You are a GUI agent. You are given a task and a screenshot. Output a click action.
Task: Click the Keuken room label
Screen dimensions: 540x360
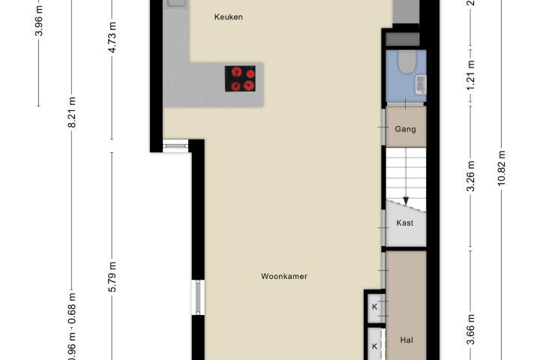(228, 17)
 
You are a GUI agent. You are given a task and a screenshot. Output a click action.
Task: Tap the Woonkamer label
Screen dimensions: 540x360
(284, 276)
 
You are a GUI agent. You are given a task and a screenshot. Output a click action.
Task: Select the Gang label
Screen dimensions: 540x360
(405, 129)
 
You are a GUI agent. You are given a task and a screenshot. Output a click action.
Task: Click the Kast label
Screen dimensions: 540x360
(405, 223)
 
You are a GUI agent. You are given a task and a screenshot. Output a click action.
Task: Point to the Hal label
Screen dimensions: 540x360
(406, 340)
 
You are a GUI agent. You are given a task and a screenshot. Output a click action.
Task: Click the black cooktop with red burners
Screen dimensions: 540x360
(241, 79)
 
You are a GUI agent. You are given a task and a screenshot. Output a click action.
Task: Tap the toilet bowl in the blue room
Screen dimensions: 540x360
(406, 62)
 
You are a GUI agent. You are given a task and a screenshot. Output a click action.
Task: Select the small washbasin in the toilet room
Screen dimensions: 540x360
(421, 85)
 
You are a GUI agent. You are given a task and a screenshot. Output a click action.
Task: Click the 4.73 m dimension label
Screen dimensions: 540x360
(112, 37)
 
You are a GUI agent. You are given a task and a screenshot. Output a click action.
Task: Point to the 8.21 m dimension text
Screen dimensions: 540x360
(72, 112)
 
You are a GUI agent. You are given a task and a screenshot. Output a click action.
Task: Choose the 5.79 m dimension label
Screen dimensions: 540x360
(112, 277)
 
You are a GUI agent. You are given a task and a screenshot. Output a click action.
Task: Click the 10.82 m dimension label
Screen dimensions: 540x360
(502, 168)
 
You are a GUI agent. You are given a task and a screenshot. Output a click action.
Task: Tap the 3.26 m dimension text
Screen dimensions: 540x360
(470, 175)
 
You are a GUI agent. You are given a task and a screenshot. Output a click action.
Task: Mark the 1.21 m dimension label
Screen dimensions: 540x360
(470, 75)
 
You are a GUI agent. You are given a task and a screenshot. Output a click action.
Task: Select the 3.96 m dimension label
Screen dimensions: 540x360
(39, 21)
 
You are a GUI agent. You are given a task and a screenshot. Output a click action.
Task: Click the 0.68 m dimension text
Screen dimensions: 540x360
(72, 308)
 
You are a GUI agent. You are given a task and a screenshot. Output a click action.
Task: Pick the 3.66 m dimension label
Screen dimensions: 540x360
(470, 329)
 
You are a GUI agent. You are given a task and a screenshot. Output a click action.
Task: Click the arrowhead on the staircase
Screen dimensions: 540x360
(406, 201)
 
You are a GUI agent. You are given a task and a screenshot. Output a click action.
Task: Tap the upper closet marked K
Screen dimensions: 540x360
(375, 306)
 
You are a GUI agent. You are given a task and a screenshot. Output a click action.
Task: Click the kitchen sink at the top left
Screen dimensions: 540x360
(176, 3)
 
